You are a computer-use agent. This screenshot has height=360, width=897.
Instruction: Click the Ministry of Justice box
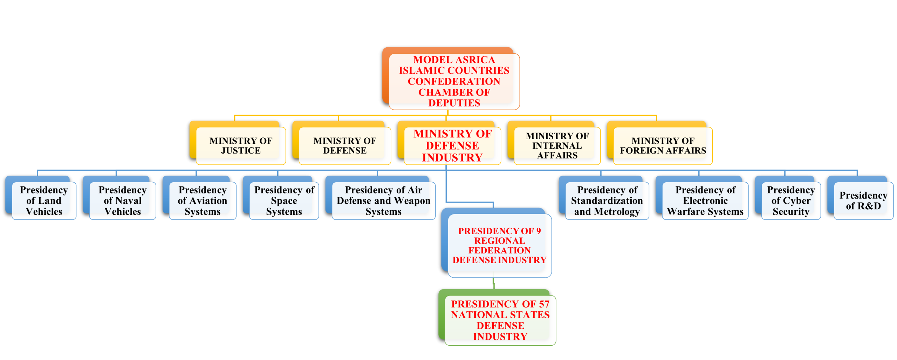coord(241,145)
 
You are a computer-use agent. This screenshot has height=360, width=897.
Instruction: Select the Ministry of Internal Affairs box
coord(557,145)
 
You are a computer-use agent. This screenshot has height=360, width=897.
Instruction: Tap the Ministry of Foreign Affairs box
coord(663,145)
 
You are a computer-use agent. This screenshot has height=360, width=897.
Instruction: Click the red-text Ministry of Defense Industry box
coord(452,145)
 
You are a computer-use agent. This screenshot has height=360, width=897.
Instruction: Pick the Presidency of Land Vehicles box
coord(44,201)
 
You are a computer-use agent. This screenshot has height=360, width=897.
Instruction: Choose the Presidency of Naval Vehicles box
coord(123,201)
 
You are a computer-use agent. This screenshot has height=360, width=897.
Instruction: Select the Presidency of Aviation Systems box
coord(203,201)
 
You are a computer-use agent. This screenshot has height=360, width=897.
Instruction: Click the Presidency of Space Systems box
coord(284,201)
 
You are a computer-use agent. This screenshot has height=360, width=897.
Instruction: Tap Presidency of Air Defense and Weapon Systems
coord(384,201)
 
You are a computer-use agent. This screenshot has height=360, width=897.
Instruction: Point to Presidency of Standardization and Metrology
coord(607,201)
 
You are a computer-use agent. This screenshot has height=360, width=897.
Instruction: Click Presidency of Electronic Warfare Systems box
coord(705,201)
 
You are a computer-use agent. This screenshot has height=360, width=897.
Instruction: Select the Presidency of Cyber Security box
coord(791,201)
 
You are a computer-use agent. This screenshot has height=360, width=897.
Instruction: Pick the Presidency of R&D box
coord(864,201)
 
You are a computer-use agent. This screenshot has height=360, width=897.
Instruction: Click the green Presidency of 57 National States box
coord(500,320)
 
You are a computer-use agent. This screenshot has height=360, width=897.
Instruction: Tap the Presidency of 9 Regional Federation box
coord(500,246)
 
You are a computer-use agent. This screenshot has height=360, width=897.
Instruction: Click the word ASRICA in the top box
coord(475,60)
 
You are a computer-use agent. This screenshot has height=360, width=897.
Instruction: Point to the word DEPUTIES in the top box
coord(454,103)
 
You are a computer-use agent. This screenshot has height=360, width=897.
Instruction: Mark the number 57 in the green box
coord(544,304)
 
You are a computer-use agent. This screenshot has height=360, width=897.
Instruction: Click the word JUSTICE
coord(241,151)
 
